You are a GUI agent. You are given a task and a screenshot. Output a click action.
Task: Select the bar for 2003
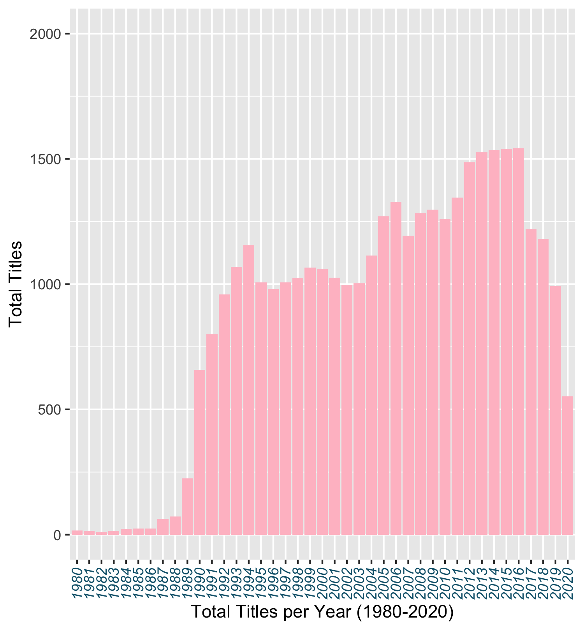(x=359, y=409)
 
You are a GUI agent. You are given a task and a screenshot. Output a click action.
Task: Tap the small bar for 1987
(x=163, y=527)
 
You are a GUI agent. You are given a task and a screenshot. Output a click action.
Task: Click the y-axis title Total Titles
(x=16, y=284)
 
